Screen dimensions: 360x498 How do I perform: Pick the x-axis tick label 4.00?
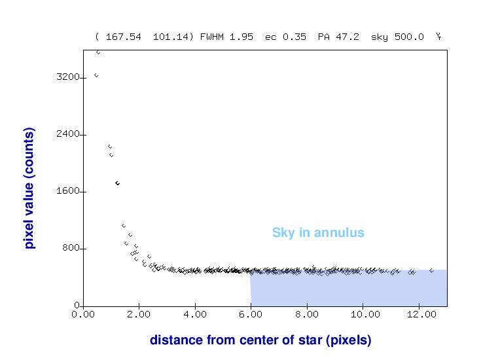click(195, 314)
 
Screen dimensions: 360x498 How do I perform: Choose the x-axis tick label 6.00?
click(251, 314)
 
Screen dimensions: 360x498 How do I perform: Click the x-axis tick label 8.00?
click(307, 314)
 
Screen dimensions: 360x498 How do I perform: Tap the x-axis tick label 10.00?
click(363, 314)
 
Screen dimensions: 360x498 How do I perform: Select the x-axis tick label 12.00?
click(419, 314)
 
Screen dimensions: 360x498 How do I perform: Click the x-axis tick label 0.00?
click(83, 314)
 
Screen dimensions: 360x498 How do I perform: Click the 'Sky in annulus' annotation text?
click(318, 232)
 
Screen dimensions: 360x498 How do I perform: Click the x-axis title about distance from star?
click(260, 340)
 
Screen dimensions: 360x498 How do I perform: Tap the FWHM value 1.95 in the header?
click(243, 37)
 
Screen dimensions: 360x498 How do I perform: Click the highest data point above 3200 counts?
click(98, 52)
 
